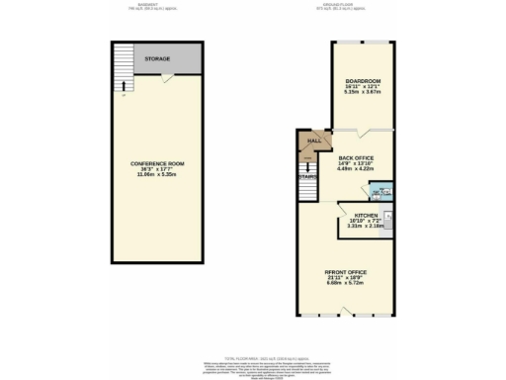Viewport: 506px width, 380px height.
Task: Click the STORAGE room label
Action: (x=157, y=59)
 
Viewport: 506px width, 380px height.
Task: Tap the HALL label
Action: (x=314, y=142)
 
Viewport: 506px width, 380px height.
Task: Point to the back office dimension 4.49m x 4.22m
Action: (x=356, y=169)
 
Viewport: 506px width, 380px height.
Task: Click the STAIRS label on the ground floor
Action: (x=308, y=178)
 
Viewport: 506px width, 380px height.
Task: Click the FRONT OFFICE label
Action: (x=346, y=271)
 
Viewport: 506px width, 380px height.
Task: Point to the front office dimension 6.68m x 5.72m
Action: (x=346, y=284)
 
